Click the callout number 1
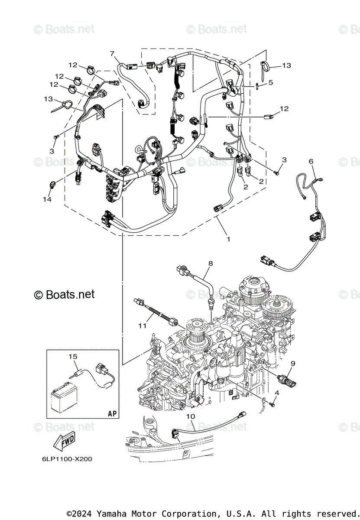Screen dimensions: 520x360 point(228,239)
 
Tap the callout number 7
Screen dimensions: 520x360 point(112,54)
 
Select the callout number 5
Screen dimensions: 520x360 point(270,82)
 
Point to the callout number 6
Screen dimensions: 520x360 point(311,161)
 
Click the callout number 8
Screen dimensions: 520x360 point(211,263)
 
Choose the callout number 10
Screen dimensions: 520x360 point(191,416)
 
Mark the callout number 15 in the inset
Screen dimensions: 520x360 point(72,356)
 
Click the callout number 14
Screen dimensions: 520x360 point(47,199)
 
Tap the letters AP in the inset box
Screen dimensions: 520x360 point(112,413)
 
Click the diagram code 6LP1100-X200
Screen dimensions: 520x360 point(64,459)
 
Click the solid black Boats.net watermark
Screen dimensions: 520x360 point(64,295)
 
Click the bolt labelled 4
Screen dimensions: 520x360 point(272,405)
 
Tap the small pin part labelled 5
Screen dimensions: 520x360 point(257,86)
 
